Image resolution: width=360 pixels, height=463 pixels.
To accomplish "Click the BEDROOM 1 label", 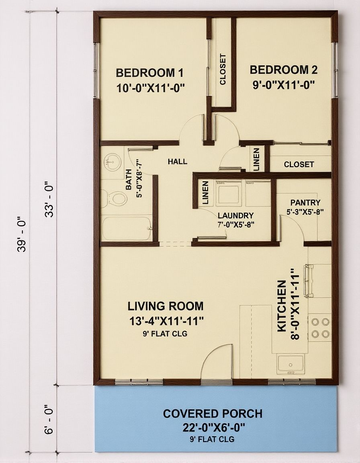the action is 150,73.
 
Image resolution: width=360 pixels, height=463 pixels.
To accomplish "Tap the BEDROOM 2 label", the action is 284,70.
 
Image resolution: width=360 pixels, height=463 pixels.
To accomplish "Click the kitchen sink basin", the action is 290,365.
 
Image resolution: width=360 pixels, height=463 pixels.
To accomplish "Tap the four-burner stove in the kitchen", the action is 320,328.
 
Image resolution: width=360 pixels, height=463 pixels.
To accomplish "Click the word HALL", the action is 177,162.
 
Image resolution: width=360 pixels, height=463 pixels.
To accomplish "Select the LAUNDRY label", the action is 235,215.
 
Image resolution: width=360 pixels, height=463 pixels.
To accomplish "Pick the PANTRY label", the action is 305,203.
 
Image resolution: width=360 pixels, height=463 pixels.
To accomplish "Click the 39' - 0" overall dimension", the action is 22,233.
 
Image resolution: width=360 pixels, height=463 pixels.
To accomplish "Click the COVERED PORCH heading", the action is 213,414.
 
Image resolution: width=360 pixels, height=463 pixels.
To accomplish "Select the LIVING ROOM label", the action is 166,306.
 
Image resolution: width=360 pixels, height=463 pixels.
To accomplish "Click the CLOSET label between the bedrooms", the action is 223,69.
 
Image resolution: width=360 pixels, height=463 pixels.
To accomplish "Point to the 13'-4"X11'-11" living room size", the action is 166,321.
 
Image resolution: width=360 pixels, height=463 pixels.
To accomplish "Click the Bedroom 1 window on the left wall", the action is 96,70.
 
